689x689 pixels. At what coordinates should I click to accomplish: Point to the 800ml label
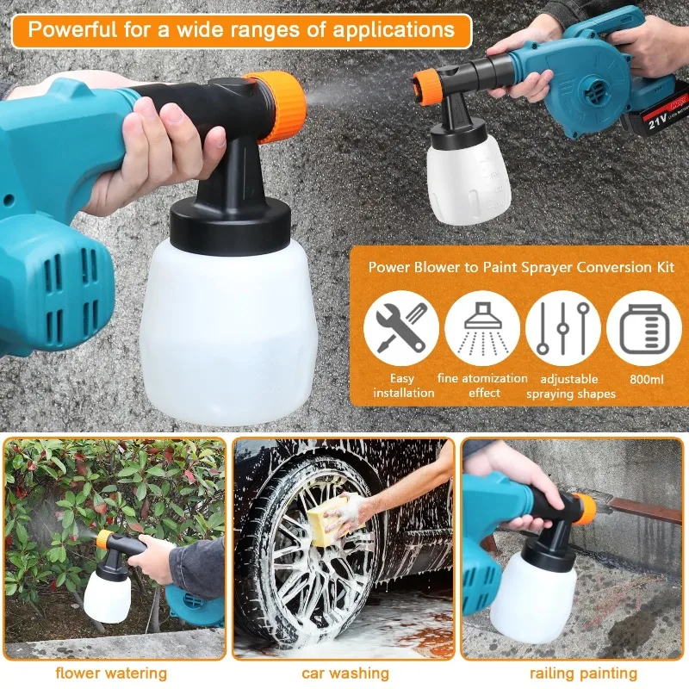click(x=644, y=378)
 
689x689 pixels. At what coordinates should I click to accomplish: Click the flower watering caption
click(x=113, y=673)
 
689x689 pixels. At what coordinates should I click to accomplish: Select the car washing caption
click(x=344, y=673)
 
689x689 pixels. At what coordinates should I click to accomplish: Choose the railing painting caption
click(x=584, y=673)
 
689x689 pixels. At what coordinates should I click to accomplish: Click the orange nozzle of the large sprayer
click(x=280, y=105)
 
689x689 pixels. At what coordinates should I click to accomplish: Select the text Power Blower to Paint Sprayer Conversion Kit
click(x=522, y=267)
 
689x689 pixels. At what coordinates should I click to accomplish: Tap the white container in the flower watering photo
click(x=107, y=593)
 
